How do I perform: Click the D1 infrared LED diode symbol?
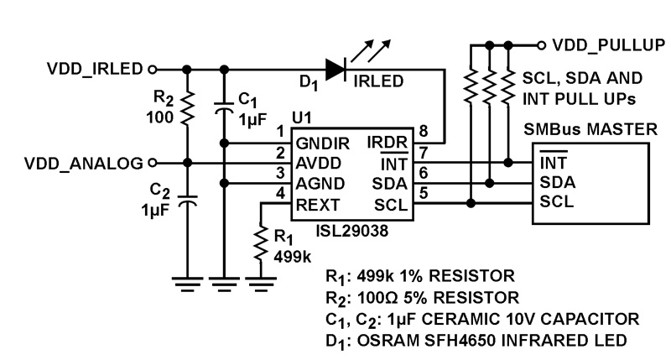336,70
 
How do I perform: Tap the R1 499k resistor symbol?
261,245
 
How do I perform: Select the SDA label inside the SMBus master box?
557,181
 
